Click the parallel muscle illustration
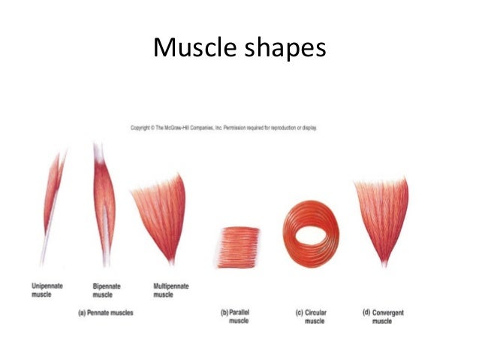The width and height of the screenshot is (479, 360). click(x=237, y=247)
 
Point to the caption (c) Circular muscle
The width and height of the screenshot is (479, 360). click(x=311, y=316)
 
